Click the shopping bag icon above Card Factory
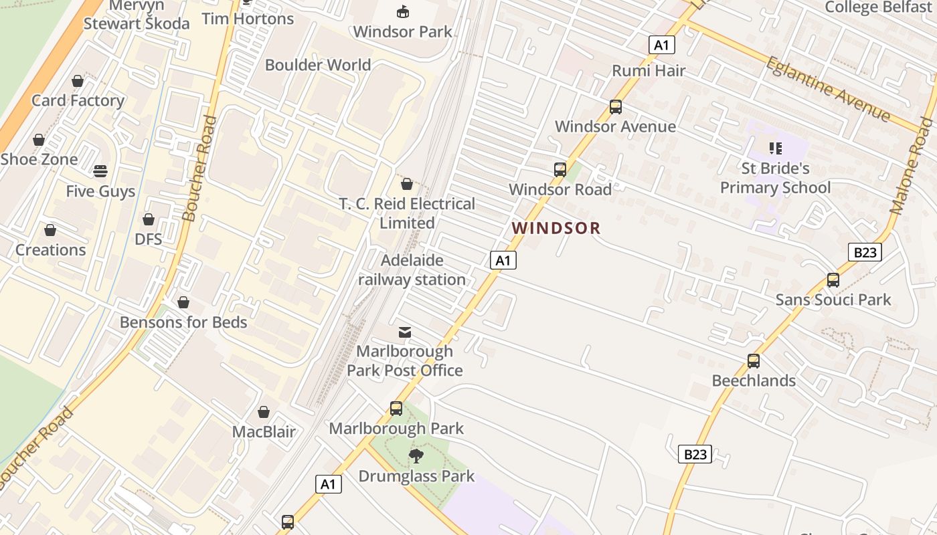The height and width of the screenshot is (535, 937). pyautogui.click(x=78, y=81)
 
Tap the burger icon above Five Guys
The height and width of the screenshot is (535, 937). pyautogui.click(x=100, y=171)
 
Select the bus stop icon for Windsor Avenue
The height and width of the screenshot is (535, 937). pyautogui.click(x=615, y=106)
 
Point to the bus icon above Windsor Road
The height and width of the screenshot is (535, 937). pyautogui.click(x=560, y=170)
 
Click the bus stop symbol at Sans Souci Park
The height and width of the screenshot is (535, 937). pyautogui.click(x=833, y=280)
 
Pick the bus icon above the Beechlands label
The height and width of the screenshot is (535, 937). pyautogui.click(x=754, y=361)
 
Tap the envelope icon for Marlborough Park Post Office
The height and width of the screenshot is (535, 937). pyautogui.click(x=405, y=332)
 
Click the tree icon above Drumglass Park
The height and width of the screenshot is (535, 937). pyautogui.click(x=416, y=456)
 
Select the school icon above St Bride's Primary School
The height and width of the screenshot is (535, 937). pyautogui.click(x=775, y=148)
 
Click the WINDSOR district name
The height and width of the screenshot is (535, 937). pyautogui.click(x=556, y=228)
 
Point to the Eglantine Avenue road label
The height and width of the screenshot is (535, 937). pyautogui.click(x=827, y=89)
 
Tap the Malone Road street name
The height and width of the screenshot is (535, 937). pyautogui.click(x=911, y=165)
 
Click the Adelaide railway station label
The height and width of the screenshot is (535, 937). pyautogui.click(x=412, y=270)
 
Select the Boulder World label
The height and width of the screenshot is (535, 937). pyautogui.click(x=318, y=65)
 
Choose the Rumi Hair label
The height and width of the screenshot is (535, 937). pyautogui.click(x=649, y=70)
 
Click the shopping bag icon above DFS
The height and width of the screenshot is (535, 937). pyautogui.click(x=149, y=219)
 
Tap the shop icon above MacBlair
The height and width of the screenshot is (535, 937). pyautogui.click(x=264, y=412)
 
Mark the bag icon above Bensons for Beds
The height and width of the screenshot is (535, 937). pyautogui.click(x=183, y=302)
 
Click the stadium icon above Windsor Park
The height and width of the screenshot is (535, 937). pyautogui.click(x=403, y=11)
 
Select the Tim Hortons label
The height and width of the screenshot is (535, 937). pyautogui.click(x=248, y=19)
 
